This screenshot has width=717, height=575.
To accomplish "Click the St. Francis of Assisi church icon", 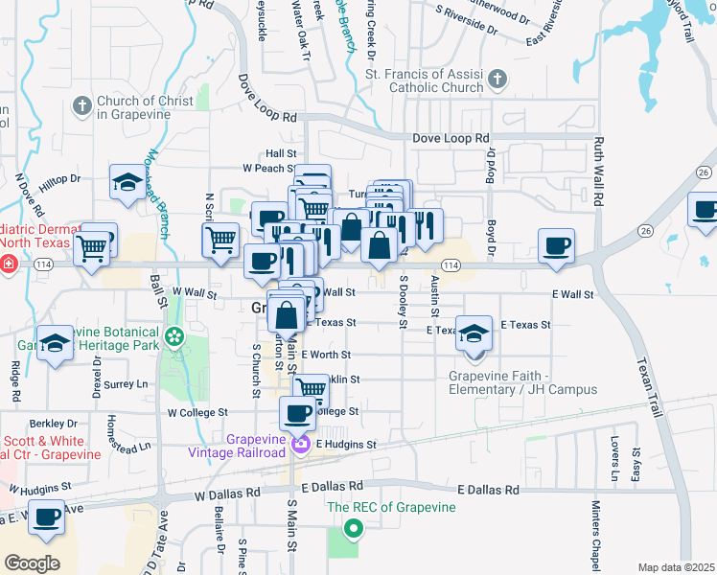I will [497, 78].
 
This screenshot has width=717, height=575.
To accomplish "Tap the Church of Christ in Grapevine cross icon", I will [82, 104].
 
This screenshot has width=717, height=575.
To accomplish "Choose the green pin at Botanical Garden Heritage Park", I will [173, 336].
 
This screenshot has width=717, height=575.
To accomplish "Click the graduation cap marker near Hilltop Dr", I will [127, 182].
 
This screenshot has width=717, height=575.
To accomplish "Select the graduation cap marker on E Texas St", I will [474, 333].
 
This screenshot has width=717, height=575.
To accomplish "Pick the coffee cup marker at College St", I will [297, 411].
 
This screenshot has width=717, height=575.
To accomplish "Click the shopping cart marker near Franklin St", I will [311, 387].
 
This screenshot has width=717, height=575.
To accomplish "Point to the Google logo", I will [32, 563].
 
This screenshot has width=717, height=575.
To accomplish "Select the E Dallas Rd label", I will [489, 489].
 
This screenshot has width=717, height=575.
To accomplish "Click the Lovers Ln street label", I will [613, 461].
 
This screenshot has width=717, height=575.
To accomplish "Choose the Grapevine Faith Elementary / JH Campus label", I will [523, 382].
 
